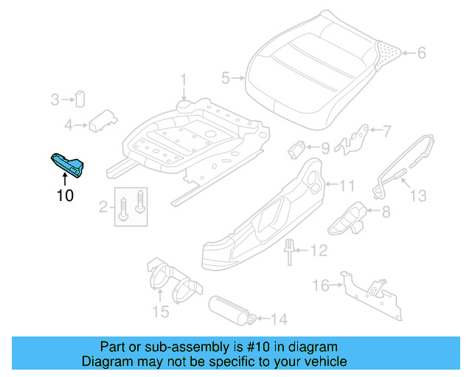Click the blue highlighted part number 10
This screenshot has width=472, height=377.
pyautogui.click(x=68, y=166)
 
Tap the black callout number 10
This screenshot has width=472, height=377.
pyautogui.click(x=65, y=195)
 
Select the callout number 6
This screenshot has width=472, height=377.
pyautogui.click(x=421, y=53)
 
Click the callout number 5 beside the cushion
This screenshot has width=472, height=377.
pyautogui.click(x=226, y=77)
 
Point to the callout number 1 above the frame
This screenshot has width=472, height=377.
pyautogui.click(x=184, y=79)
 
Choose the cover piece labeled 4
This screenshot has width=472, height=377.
pyautogui.click(x=103, y=121)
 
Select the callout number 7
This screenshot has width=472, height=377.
pyautogui.click(x=388, y=131)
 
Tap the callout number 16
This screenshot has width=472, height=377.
pyautogui.click(x=320, y=285)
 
